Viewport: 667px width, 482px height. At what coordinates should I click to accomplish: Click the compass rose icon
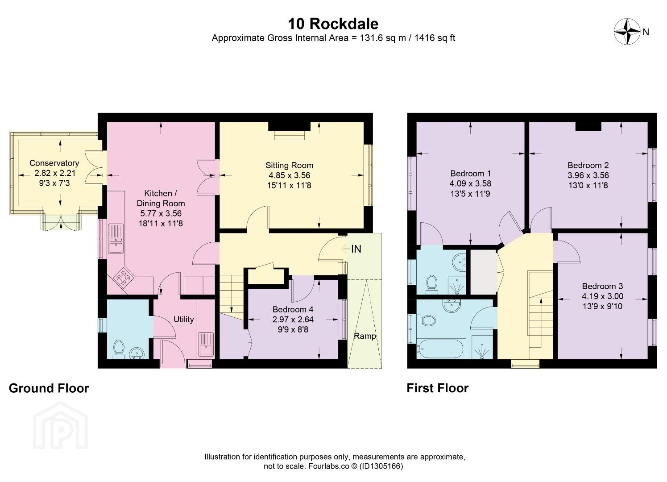(627, 31)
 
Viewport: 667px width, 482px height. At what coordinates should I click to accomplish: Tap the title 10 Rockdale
(333, 24)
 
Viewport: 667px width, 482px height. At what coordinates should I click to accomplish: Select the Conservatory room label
(54, 163)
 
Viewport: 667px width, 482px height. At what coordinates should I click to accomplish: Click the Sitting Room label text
(289, 165)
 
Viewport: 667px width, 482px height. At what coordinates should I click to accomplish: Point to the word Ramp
(365, 337)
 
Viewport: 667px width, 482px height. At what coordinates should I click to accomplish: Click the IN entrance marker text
(356, 249)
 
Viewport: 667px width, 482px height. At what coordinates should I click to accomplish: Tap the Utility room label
(183, 320)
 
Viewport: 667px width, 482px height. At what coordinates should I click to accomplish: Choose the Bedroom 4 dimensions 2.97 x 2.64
(293, 320)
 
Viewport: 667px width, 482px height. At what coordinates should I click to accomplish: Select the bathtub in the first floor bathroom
(439, 349)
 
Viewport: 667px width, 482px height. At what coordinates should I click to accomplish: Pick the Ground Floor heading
(49, 388)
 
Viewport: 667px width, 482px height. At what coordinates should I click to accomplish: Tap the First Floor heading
(437, 388)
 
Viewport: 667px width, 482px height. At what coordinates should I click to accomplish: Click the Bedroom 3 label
(602, 286)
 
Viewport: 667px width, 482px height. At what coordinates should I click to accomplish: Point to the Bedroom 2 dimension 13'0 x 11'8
(588, 185)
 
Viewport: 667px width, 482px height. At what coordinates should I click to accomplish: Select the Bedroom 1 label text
(471, 173)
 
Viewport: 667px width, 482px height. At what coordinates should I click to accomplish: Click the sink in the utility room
(206, 345)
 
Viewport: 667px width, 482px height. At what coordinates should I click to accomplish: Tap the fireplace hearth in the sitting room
(290, 135)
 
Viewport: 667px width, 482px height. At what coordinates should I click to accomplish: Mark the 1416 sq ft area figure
(435, 38)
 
